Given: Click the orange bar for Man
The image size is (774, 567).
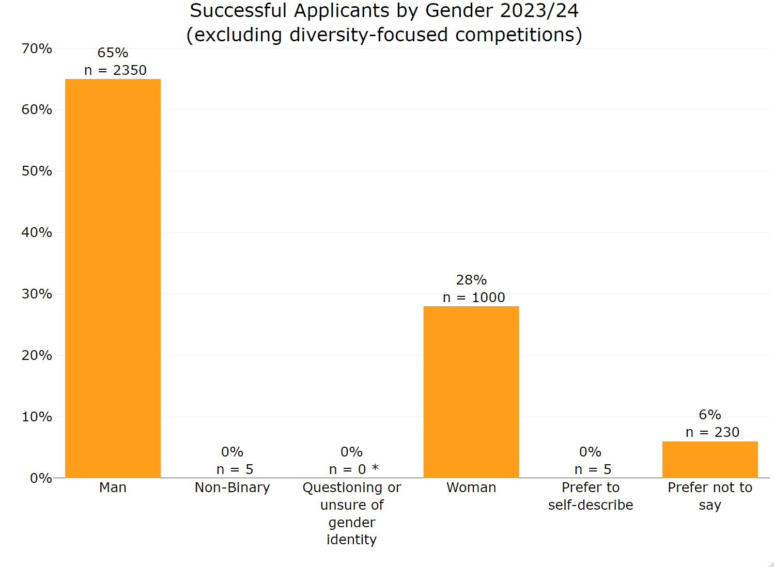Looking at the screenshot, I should click(x=113, y=278).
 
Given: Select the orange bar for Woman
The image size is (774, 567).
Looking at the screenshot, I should click(x=471, y=392).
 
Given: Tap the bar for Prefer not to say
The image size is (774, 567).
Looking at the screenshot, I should click(x=709, y=460).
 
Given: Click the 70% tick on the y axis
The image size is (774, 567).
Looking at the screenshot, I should click(x=37, y=49).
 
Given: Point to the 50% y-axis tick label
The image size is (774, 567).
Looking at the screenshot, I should click(x=37, y=171).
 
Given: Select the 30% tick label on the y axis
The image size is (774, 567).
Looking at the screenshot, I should click(x=37, y=294).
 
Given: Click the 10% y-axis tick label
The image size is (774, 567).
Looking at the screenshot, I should click(x=37, y=417).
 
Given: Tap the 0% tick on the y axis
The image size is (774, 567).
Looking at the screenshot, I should click(x=41, y=478).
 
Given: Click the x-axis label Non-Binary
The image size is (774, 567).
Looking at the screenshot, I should click(x=232, y=487).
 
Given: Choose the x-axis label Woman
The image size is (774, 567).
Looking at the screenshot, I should click(x=471, y=487).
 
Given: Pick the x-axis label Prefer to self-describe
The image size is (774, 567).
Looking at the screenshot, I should click(x=590, y=496).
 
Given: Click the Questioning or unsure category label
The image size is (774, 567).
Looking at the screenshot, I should click(x=351, y=513).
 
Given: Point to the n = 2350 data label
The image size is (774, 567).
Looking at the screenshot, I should click(x=115, y=70).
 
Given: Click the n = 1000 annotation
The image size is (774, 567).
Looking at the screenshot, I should click(x=474, y=297).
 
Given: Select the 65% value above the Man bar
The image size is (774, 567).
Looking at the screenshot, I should click(x=113, y=53).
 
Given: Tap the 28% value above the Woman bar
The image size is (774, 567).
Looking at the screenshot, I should click(x=471, y=280).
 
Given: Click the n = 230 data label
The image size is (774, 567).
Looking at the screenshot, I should click(x=712, y=432).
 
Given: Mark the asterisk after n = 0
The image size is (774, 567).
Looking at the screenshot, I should click(x=375, y=468).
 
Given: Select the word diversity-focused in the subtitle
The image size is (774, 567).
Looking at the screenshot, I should click(x=368, y=35).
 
